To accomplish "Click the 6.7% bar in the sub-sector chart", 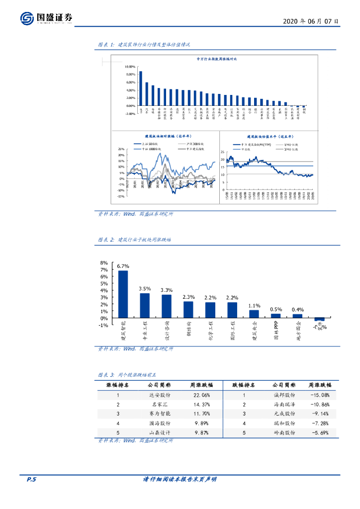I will pyautogui.click(x=123, y=294).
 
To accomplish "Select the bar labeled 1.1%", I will pyautogui.click(x=254, y=314).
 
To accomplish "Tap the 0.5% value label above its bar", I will pyautogui.click(x=276, y=309).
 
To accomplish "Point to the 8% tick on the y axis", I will pyautogui.click(x=104, y=263).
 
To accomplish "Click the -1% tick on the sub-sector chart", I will pyautogui.click(x=103, y=325).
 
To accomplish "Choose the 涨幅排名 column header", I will pyautogui.click(x=118, y=385).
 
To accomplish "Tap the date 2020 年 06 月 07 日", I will pyautogui.click(x=311, y=21).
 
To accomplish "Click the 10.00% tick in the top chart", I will pyautogui.click(x=116, y=67).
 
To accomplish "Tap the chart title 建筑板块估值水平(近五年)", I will pyautogui.click(x=270, y=136).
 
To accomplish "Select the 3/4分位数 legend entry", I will pyautogui.click(x=291, y=148).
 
